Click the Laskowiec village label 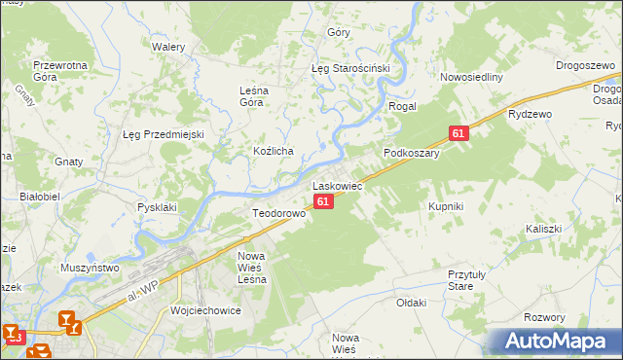pos(337,185)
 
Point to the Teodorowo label pos(278,213)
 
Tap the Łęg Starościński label pos(349,69)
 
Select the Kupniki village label pos(445,206)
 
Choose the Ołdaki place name pos(411,303)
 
